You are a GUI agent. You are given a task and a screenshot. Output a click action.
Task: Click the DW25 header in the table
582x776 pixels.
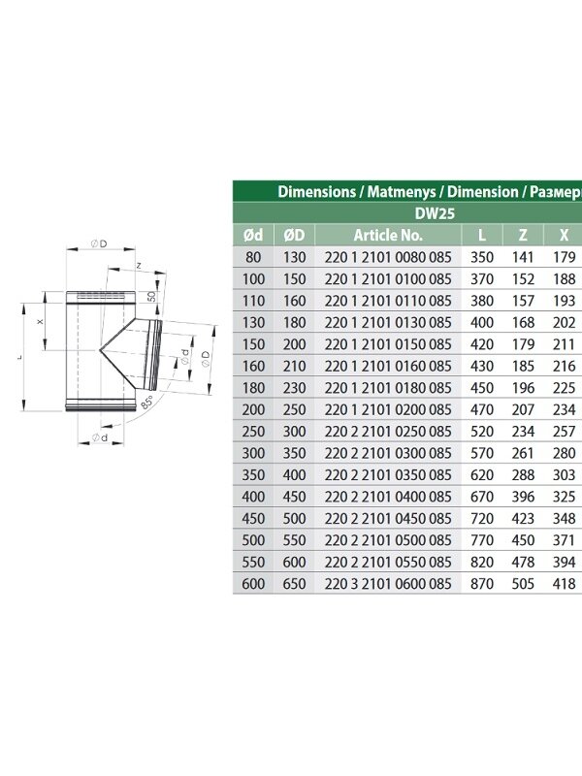coord(435,213)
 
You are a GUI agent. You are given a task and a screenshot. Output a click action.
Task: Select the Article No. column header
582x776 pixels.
coord(388,235)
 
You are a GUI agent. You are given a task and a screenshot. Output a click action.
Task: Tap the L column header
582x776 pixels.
coord(482,235)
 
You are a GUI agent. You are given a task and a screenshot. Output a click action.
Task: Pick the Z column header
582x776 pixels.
coord(523,235)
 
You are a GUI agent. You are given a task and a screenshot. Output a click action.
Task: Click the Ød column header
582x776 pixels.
coord(253,235)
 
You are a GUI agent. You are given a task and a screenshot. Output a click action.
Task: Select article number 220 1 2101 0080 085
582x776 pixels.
coord(388,257)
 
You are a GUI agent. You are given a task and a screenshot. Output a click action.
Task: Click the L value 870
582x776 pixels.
coord(482,584)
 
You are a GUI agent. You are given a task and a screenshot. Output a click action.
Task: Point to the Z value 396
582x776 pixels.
coord(523,497)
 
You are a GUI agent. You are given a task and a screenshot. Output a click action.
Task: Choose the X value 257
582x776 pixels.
coord(565,432)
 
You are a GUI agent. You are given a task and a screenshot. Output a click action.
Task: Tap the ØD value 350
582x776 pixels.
coord(295,453)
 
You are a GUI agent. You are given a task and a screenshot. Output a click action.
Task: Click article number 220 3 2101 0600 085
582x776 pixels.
coord(388,584)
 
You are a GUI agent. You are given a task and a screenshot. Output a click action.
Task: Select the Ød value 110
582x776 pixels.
coord(253,301)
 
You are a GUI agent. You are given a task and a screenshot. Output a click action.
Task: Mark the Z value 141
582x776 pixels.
coord(523,257)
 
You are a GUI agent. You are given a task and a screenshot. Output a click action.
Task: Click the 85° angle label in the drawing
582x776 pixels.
coord(147,402)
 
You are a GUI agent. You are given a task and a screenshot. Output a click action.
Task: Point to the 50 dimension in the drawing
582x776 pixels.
coord(151,297)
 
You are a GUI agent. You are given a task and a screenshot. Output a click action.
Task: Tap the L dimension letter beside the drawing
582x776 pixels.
coord(19,357)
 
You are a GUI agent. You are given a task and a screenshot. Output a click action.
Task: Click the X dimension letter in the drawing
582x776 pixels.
coord(41,322)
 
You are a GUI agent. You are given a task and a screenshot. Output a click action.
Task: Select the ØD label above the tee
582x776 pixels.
coord(99,243)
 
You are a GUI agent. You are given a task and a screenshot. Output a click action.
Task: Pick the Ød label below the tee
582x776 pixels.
coord(100,437)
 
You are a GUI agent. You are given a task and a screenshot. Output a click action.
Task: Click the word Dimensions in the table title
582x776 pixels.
coord(317,192)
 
